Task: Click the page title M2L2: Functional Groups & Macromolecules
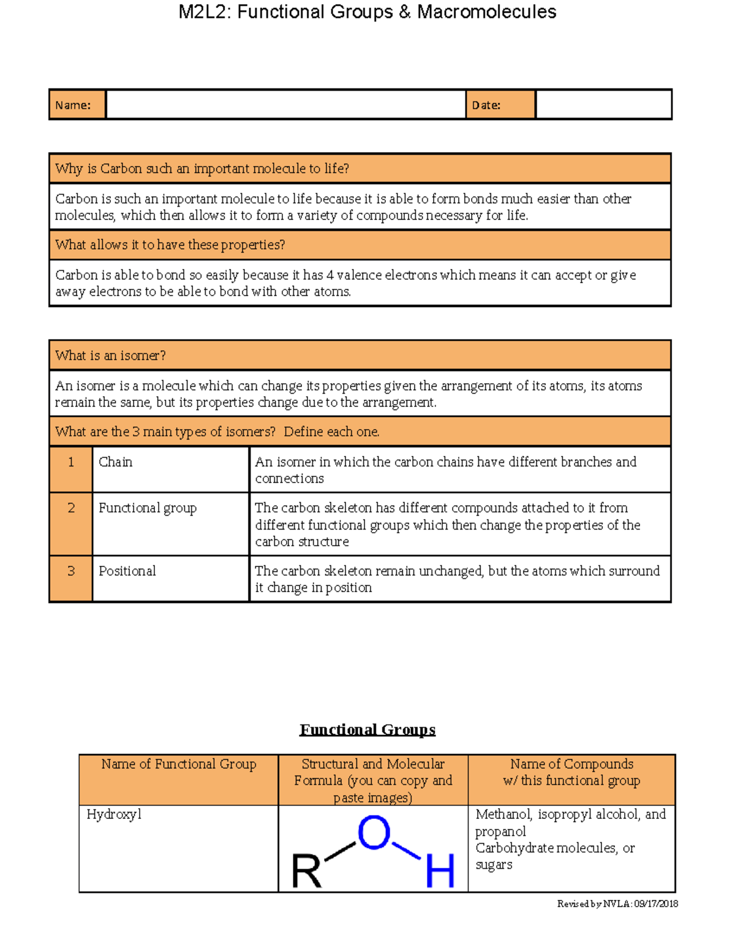tap(367, 12)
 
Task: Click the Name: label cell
tap(73, 105)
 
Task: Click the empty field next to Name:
tap(285, 104)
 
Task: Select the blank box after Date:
tap(603, 104)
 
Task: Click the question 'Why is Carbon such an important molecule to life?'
tap(202, 169)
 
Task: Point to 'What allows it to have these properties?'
tap(170, 245)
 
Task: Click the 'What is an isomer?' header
tap(110, 356)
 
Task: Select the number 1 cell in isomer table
tap(71, 462)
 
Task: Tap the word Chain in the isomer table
tap(115, 462)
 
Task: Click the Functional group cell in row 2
tap(148, 508)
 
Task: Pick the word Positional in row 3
tap(127, 571)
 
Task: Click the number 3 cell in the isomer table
tap(71, 571)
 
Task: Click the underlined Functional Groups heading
tap(367, 729)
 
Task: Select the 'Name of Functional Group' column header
tap(179, 764)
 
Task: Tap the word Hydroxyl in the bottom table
tap(114, 815)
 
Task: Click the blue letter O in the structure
tap(374, 832)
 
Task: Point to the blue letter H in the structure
tap(440, 870)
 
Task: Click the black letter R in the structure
tap(306, 871)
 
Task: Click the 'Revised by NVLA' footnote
tap(617, 904)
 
